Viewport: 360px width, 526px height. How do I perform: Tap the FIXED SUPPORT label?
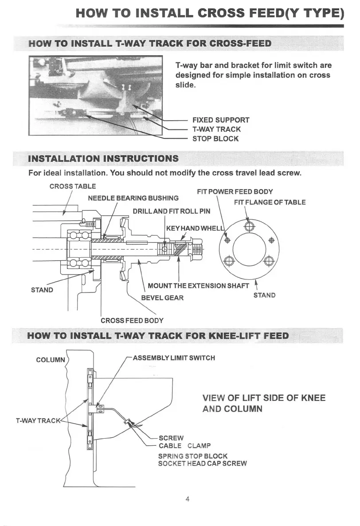pyautogui.click(x=220, y=120)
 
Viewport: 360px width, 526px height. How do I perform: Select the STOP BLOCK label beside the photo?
pyautogui.click(x=215, y=139)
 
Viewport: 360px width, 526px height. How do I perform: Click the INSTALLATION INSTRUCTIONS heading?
pyautogui.click(x=103, y=159)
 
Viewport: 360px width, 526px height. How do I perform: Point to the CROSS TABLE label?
pyautogui.click(x=72, y=186)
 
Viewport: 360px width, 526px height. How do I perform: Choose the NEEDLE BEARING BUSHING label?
pyautogui.click(x=133, y=198)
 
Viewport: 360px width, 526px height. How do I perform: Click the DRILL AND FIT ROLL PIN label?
pyautogui.click(x=172, y=211)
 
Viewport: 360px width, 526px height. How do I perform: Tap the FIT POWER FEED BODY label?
pyautogui.click(x=235, y=192)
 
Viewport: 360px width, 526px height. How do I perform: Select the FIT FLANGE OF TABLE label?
pyautogui.click(x=270, y=202)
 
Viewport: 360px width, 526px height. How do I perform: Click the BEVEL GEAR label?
pyautogui.click(x=162, y=298)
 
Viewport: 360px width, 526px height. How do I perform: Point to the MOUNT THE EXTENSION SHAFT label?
pyautogui.click(x=198, y=286)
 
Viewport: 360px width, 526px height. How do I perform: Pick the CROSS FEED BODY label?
pyautogui.click(x=132, y=320)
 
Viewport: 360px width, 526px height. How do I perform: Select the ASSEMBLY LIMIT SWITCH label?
pyautogui.click(x=174, y=358)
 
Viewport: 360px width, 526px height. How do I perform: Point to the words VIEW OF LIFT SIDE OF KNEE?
pyautogui.click(x=264, y=398)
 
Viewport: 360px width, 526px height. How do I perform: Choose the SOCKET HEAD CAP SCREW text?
pyautogui.click(x=202, y=463)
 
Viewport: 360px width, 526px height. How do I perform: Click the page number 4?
pyautogui.click(x=188, y=499)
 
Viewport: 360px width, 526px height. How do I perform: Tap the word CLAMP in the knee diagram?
pyautogui.click(x=199, y=446)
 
